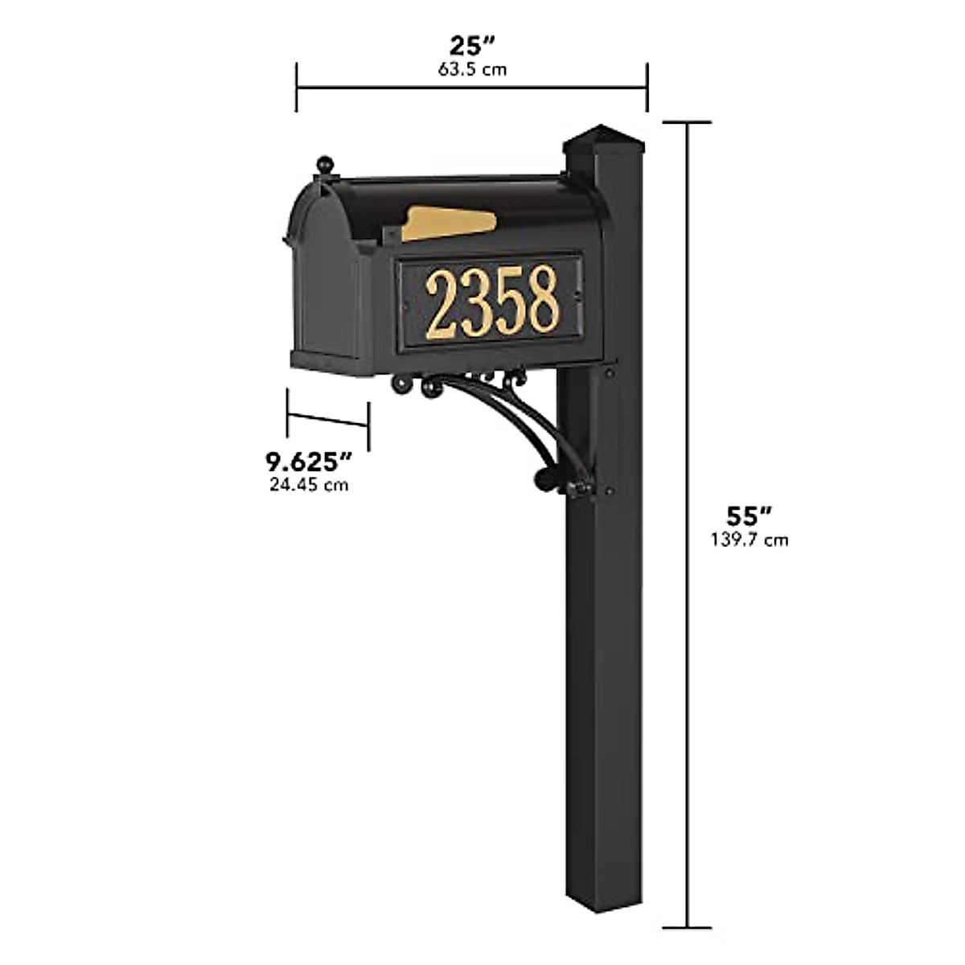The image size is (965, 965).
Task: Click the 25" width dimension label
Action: point(472,45)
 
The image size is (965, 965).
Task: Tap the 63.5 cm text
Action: point(472,69)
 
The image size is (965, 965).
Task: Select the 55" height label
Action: point(749,515)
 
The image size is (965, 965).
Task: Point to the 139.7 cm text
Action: point(749,540)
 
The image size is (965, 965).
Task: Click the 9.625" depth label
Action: point(310,462)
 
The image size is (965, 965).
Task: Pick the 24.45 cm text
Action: point(310,485)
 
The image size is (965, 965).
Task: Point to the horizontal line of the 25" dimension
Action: point(472,87)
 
